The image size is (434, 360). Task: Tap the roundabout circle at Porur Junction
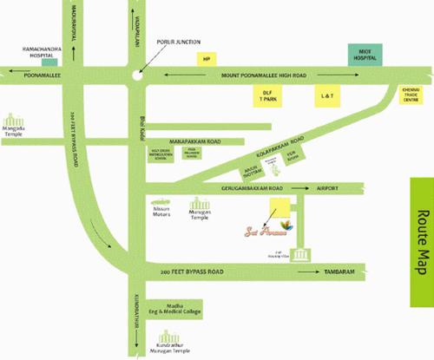[135, 76]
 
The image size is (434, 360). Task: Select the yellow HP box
[207, 58]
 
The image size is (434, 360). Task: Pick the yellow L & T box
[326, 96]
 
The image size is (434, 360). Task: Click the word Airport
[327, 187]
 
